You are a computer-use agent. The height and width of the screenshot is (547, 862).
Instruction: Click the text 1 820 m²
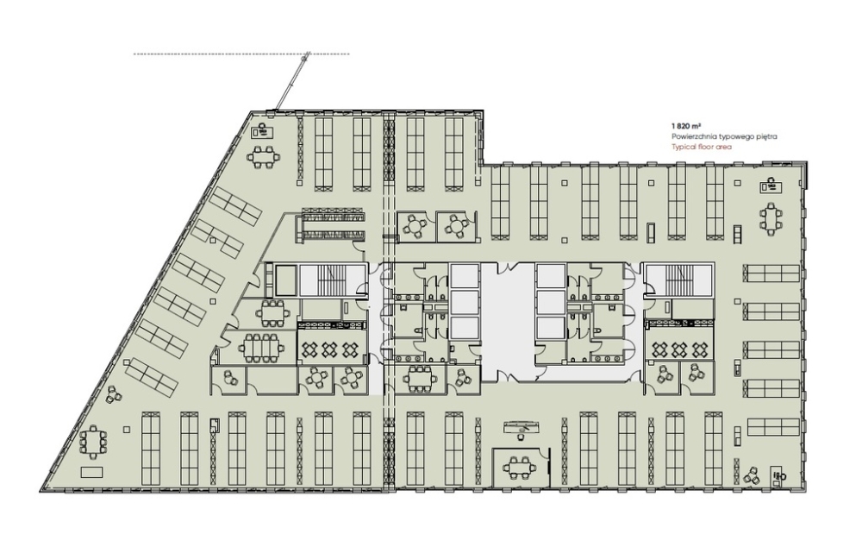click(x=685, y=125)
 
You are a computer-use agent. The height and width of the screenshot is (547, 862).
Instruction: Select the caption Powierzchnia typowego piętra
click(x=724, y=136)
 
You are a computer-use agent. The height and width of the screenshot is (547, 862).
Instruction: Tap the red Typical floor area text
click(x=702, y=147)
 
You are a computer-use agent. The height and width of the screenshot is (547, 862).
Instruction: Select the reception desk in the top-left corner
click(x=263, y=131)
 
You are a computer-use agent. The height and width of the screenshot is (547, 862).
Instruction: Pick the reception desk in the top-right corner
click(x=771, y=186)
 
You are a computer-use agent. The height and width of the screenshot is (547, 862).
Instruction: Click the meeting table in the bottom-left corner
click(x=93, y=442)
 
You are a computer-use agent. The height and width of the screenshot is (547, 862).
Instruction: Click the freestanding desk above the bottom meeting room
click(x=520, y=426)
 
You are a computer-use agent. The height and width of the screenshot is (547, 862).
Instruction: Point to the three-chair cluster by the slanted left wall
click(x=114, y=394)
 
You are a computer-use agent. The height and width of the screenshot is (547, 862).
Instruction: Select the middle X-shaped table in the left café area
click(x=328, y=349)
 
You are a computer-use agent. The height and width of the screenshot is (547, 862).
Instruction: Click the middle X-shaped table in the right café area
click(x=679, y=349)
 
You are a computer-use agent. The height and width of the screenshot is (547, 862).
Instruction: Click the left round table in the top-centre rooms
click(x=414, y=226)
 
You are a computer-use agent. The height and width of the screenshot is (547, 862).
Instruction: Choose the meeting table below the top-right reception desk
click(x=771, y=218)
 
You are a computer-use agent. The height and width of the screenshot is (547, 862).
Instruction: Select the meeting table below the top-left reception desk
click(x=263, y=157)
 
